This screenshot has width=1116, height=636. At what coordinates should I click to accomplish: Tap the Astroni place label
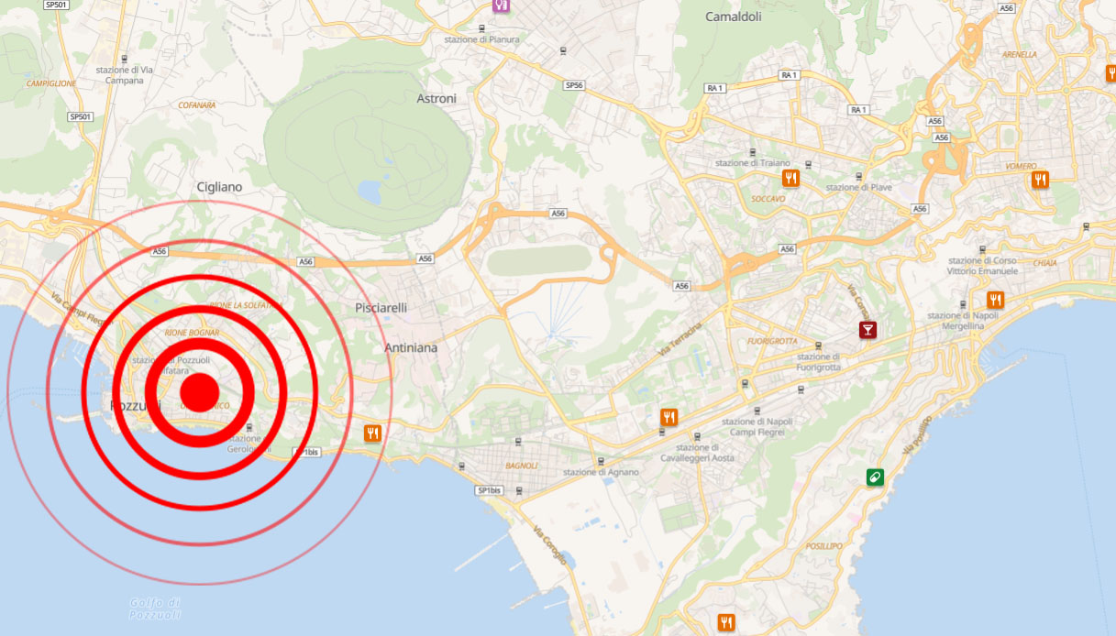pos(436,98)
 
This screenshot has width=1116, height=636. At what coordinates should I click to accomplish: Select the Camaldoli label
pos(735,16)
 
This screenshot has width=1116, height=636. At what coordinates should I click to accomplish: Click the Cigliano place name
pos(219,187)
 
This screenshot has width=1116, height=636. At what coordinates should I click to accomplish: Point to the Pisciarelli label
pos(381,308)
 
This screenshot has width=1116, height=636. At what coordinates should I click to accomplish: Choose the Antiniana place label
pos(411,348)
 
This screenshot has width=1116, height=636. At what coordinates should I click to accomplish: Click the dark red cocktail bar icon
pos(867,330)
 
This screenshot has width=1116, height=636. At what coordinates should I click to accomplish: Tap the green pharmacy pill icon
pos(875,477)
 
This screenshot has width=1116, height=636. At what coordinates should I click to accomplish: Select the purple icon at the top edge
pos(501,5)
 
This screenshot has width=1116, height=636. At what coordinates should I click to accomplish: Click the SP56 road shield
pos(574,85)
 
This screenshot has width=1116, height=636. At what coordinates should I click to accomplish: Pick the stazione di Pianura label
pos(481,39)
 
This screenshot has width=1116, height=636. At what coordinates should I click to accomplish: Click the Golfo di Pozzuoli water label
pos(155,608)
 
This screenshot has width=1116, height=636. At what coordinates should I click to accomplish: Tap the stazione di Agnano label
pos(601,472)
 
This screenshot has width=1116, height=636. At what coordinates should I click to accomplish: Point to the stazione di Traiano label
pos(752,163)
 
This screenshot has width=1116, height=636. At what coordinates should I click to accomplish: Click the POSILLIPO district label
pos(823,546)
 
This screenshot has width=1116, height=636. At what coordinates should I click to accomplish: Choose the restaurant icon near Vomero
pos(1039,180)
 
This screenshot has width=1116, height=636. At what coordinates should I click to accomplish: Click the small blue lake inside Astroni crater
pos(370,192)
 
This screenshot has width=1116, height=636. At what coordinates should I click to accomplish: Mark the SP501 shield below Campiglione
pos(81,116)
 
